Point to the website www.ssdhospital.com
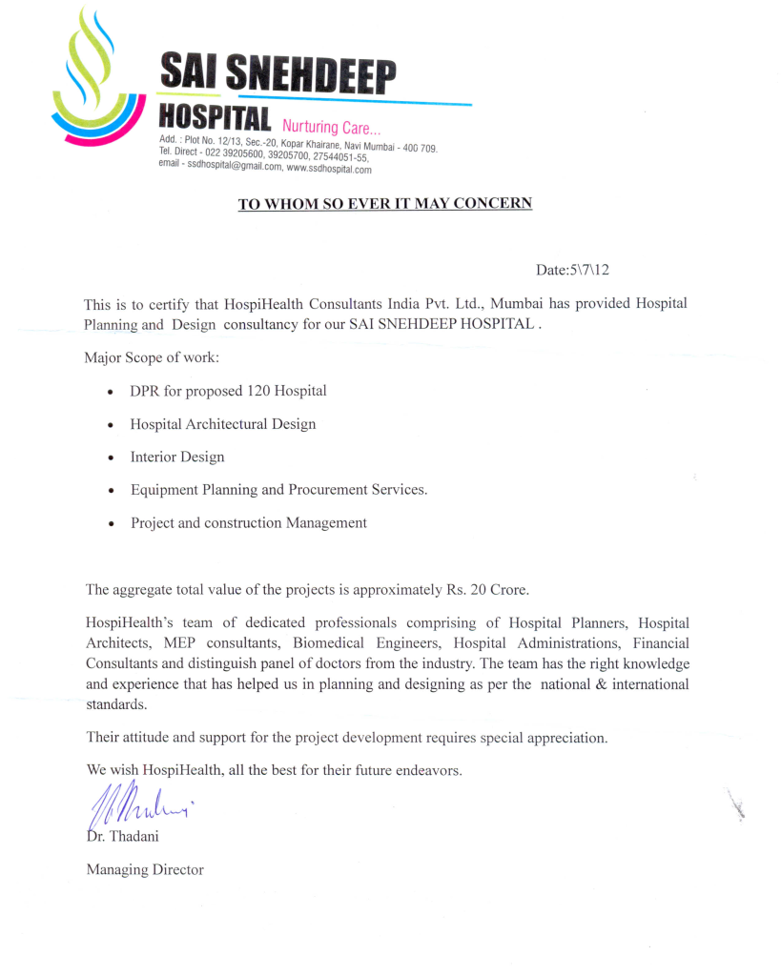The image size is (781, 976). (329, 169)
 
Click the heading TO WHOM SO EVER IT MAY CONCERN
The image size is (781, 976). (384, 203)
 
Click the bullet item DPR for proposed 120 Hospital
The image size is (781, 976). (228, 391)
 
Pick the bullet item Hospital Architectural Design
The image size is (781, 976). (223, 423)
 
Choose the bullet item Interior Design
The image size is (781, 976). (177, 457)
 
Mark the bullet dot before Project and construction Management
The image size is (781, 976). (113, 524)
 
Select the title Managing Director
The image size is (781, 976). (145, 869)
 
